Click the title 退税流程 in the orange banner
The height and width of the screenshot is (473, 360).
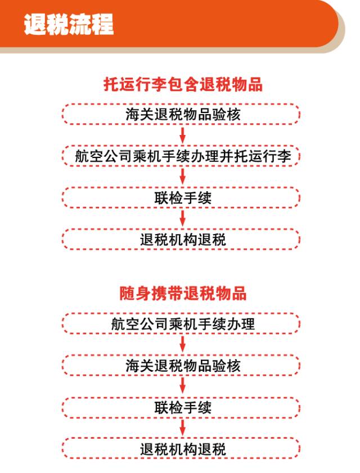[x=69, y=25]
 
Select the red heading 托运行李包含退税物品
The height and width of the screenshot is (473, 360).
[x=183, y=84]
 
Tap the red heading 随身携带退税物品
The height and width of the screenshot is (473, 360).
[x=183, y=293]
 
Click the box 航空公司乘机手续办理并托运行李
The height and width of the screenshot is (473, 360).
[x=181, y=156]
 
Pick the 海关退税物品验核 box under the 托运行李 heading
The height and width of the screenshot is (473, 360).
[x=181, y=114]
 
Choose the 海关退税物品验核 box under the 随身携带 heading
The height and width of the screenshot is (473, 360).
[x=181, y=366]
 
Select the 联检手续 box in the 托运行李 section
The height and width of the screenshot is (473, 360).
[x=181, y=197]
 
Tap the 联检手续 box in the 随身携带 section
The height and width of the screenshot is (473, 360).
[x=181, y=407]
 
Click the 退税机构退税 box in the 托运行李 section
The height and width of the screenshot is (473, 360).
[x=181, y=239]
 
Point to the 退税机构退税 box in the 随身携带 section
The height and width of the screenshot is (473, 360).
[x=181, y=449]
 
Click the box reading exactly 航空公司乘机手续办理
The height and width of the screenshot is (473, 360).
[x=181, y=324]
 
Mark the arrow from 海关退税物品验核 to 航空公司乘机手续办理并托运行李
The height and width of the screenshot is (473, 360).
[x=182, y=135]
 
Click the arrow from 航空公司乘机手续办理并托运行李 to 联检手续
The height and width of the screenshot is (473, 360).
[x=182, y=177]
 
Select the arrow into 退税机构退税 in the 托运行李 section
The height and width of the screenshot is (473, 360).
[x=182, y=218]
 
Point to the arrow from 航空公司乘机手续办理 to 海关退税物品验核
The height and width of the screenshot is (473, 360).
[x=182, y=345]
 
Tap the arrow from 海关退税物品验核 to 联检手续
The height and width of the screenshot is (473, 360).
[x=182, y=386]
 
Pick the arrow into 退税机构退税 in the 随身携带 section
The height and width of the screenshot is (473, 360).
[x=182, y=428]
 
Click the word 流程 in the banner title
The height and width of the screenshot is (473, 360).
[x=91, y=25]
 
